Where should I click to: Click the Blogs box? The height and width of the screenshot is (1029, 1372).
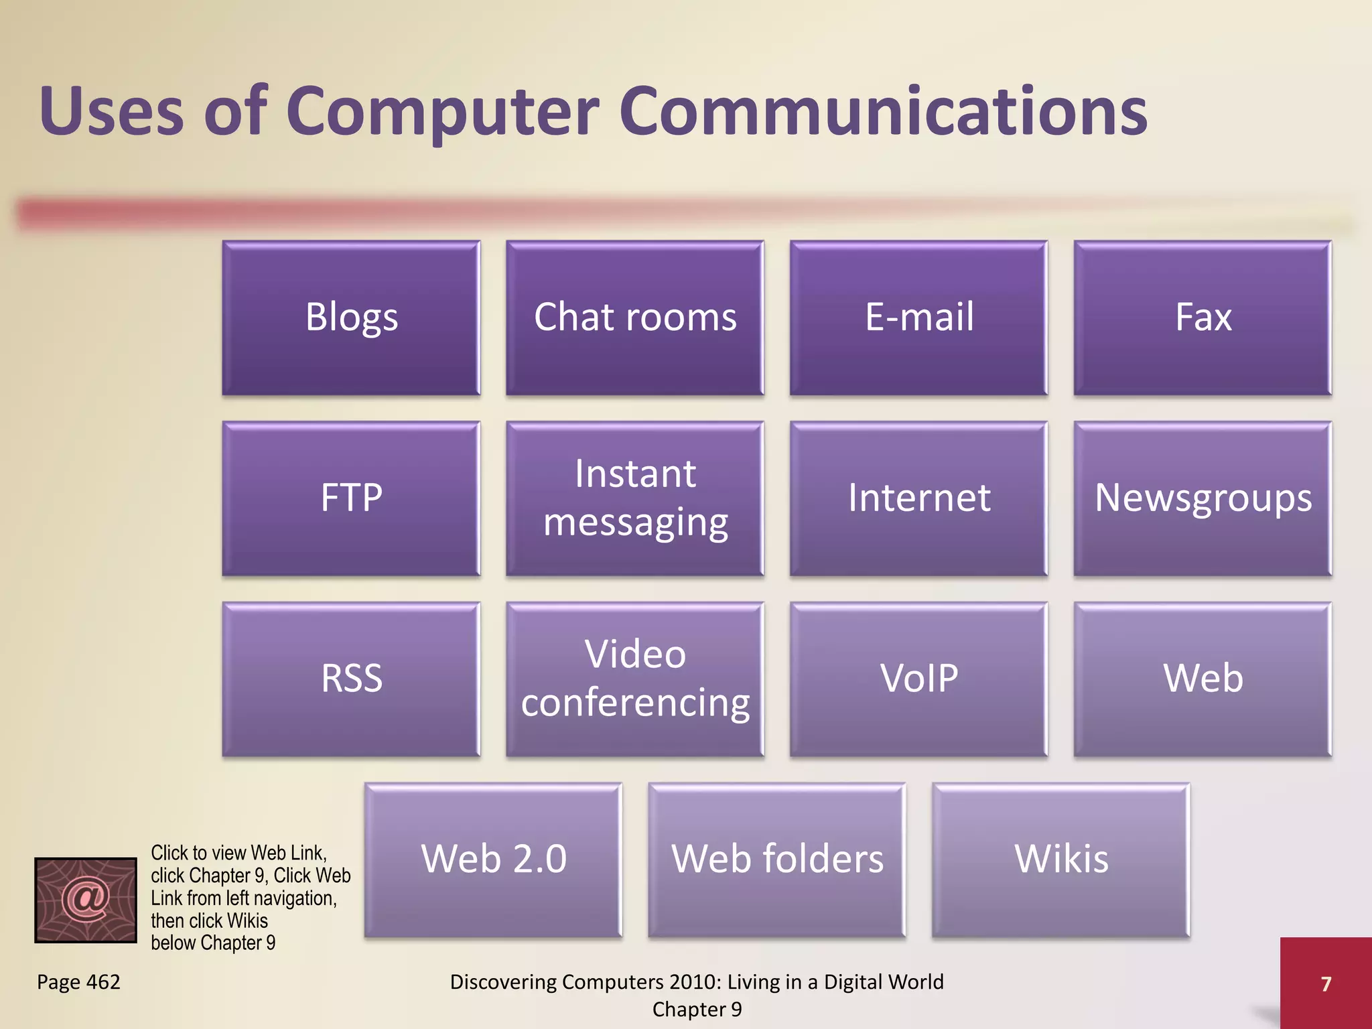[x=351, y=318]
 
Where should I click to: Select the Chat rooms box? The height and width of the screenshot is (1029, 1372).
[x=635, y=318]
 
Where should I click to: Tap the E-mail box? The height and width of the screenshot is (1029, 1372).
[x=918, y=318]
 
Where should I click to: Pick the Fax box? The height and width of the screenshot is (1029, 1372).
[x=1203, y=318]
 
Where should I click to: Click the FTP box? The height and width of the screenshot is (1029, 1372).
[x=351, y=498]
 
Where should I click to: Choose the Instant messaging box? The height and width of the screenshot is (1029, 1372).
[x=635, y=498]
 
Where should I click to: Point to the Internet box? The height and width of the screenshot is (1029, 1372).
[x=918, y=498]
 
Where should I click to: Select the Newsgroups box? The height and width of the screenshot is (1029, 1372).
[x=1203, y=498]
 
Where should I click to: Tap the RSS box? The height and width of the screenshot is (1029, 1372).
[x=351, y=679]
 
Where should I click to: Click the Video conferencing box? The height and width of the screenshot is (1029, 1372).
[x=635, y=679]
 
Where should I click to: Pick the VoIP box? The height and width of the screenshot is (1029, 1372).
[x=918, y=679]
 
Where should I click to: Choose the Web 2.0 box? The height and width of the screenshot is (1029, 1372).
[x=493, y=860]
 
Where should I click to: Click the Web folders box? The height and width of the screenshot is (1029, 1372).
[x=777, y=860]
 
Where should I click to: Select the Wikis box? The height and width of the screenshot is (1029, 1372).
[x=1061, y=860]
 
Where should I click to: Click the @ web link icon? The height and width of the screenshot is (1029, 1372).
[x=86, y=900]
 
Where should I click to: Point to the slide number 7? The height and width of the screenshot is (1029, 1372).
[x=1326, y=983]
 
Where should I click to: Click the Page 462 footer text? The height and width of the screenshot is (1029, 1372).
[x=78, y=982]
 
